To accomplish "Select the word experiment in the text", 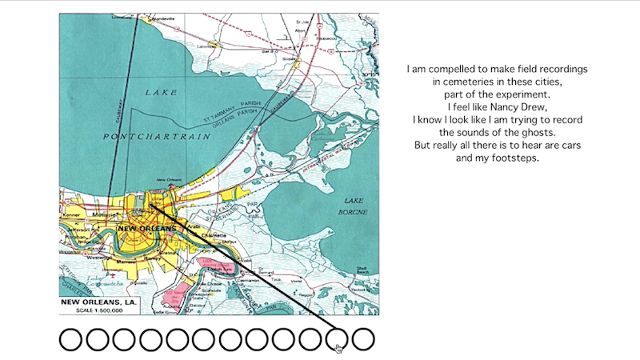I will coord(500,94).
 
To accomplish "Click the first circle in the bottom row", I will coord(70,339).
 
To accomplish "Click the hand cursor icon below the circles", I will coord(338,347).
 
